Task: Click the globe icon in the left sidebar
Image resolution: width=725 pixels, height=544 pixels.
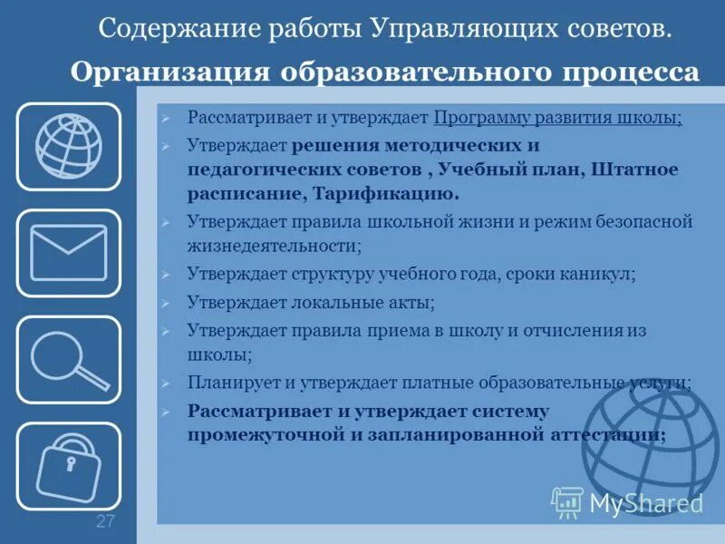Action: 68,146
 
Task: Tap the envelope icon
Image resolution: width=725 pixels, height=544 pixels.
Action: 68,253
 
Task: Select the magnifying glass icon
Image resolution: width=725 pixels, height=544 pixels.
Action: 68,359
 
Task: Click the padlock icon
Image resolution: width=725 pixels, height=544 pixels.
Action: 68,465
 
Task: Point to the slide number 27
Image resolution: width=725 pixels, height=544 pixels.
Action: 105,521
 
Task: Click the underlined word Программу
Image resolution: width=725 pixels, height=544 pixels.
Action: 483,119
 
